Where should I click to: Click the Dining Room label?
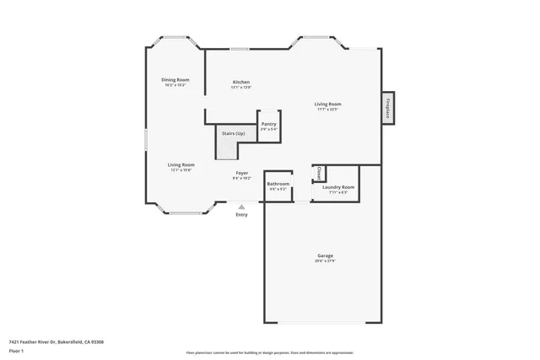pyautogui.click(x=175, y=80)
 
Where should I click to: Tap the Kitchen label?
pyautogui.click(x=241, y=82)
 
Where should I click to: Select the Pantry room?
pyautogui.click(x=268, y=126)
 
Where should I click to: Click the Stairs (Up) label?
pyautogui.click(x=234, y=133)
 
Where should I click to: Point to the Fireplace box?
pyautogui.click(x=388, y=108)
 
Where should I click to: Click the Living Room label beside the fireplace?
pyautogui.click(x=328, y=104)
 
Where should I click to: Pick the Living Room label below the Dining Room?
pyautogui.click(x=181, y=164)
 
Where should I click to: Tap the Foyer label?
pyautogui.click(x=241, y=173)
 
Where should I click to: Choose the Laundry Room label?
pyautogui.click(x=337, y=186)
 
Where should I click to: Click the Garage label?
pyautogui.click(x=325, y=255)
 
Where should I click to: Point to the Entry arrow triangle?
pyautogui.click(x=242, y=206)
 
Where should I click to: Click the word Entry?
pyautogui.click(x=242, y=215)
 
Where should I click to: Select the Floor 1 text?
pyautogui.click(x=16, y=350)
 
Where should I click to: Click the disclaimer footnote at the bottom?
pyautogui.click(x=269, y=352)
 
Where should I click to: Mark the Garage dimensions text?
pyautogui.click(x=325, y=261)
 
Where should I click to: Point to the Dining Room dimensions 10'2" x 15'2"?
pyautogui.click(x=175, y=85)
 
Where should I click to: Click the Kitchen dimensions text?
pyautogui.click(x=241, y=87)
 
